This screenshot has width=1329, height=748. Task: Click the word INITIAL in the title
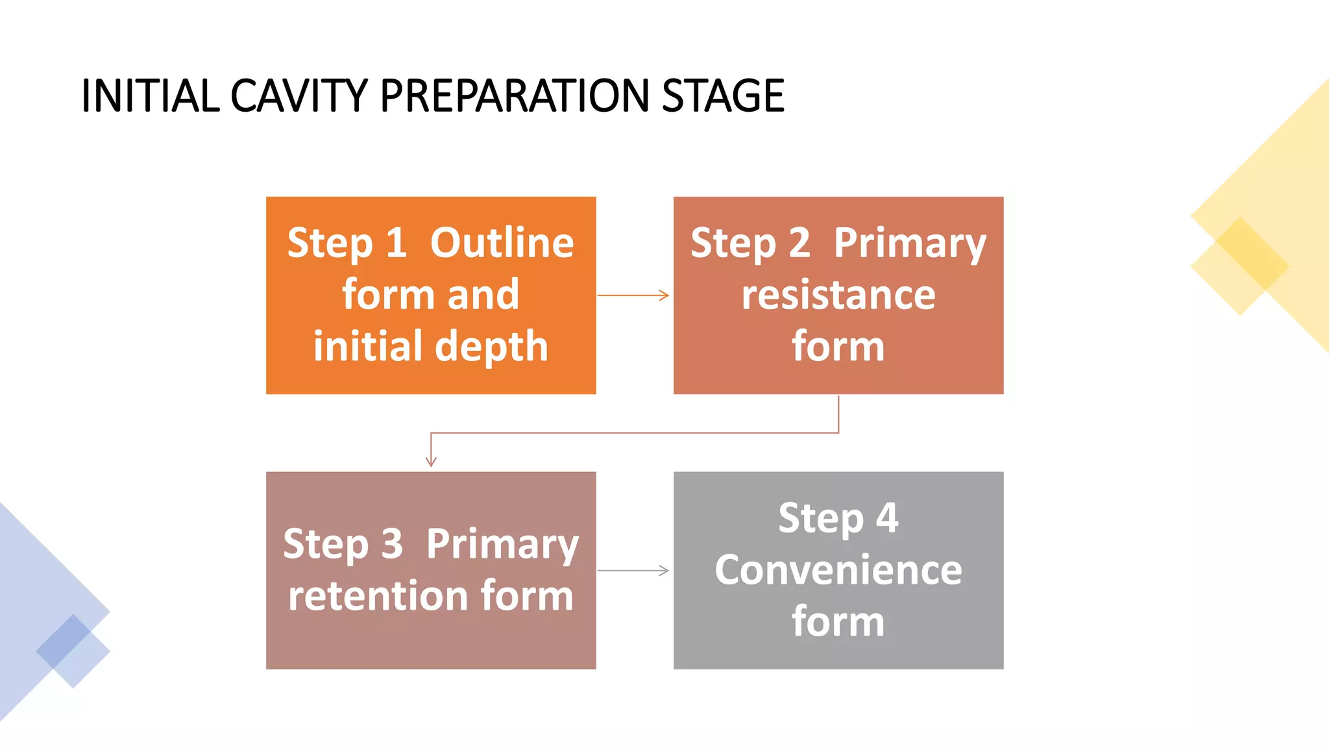click(150, 96)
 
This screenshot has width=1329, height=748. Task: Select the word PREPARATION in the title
click(514, 96)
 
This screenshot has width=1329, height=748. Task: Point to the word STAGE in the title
click(723, 96)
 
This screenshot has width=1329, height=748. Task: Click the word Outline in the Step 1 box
click(502, 243)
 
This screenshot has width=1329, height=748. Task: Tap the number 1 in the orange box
click(396, 243)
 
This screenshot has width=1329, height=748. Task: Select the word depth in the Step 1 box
click(492, 347)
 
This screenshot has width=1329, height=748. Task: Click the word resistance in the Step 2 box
click(838, 295)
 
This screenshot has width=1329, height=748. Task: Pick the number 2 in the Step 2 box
click(799, 243)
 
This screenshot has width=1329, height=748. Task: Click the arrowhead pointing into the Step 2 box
click(664, 295)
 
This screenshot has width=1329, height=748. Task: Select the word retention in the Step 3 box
click(378, 596)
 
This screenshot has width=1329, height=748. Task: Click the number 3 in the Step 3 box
click(391, 544)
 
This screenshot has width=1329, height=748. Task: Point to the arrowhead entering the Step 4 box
click(664, 571)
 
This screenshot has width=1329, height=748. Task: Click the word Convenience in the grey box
click(838, 570)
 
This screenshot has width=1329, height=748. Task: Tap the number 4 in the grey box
click(887, 518)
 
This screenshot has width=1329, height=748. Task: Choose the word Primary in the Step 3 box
click(502, 544)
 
